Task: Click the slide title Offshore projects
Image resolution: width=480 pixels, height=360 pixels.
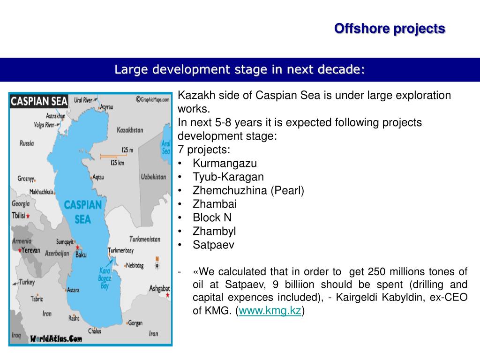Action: coord(390,29)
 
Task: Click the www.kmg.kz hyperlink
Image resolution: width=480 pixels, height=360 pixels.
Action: coord(270,310)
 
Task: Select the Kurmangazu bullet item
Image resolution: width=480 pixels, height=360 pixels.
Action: coord(225,163)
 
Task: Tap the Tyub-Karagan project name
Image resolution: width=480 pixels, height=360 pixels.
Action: coord(228,177)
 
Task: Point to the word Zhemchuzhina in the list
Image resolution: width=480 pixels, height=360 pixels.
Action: coord(230,190)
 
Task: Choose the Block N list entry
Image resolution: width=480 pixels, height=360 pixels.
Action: coord(212,217)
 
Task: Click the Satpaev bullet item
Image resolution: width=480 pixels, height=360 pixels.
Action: coord(213,245)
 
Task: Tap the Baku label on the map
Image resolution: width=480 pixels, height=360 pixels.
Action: coord(81,255)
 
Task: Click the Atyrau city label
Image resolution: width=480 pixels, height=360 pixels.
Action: coord(106,107)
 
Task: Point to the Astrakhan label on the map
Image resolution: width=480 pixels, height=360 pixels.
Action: coord(55,116)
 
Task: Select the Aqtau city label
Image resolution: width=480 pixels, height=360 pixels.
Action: coord(98,177)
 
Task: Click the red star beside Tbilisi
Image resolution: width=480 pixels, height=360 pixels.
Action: coord(28,216)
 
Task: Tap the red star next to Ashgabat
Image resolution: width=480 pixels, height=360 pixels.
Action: coord(167,295)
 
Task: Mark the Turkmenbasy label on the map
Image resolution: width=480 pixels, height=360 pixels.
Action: coord(120,250)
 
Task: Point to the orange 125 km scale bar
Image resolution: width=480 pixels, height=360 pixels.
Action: coord(113,157)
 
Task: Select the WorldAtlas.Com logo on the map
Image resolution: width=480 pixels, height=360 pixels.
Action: coord(56,338)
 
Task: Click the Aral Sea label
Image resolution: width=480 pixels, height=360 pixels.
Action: coord(166,147)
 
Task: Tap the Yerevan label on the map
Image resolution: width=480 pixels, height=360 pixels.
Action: coord(30,250)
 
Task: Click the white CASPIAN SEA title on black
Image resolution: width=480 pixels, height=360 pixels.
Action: coord(39,101)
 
